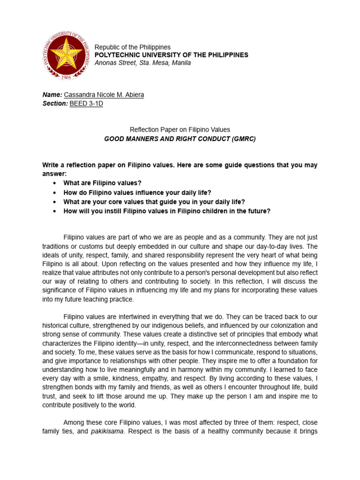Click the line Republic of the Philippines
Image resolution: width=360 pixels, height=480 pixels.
pos(133,47)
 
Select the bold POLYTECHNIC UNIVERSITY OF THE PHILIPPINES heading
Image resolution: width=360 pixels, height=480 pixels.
pos(172,55)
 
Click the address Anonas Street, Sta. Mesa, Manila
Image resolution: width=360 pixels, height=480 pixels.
pos(142,63)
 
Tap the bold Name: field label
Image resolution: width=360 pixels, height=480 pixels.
pos(52,95)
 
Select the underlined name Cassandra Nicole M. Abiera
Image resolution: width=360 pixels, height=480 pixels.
pos(104,95)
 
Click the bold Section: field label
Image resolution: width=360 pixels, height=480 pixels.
pos(55,104)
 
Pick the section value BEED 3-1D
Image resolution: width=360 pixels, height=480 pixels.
pos(86,104)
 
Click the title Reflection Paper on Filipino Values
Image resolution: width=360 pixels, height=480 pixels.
pos(180,129)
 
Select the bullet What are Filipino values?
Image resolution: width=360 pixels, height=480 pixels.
pos(102,183)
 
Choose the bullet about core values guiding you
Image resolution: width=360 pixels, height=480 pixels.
pos(154,202)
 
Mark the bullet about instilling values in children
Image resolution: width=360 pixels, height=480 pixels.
pos(167,211)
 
